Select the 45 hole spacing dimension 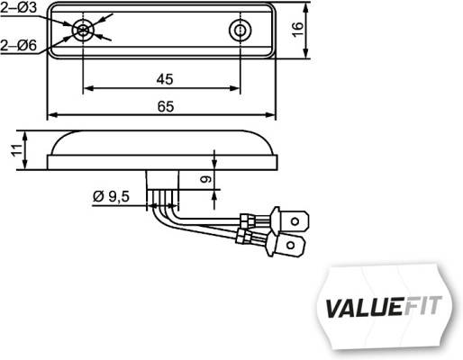(x=163, y=79)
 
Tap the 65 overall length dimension (x=164, y=106)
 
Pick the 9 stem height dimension (x=205, y=180)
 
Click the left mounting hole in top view (x=83, y=31)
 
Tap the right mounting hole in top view (x=240, y=31)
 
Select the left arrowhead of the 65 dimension (x=51, y=116)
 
